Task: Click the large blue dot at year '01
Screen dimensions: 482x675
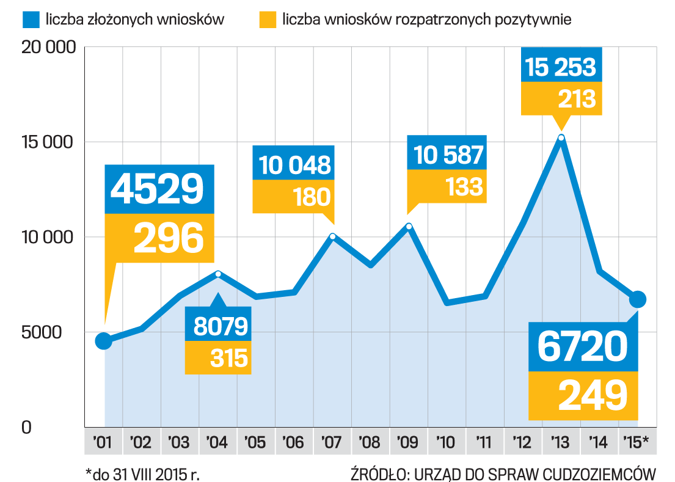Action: [x=104, y=341]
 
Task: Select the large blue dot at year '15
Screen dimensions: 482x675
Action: [x=638, y=299]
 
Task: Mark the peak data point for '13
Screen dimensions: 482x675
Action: [x=561, y=137]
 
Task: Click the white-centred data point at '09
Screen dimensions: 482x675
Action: [x=409, y=227]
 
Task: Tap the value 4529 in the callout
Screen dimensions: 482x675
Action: [x=157, y=189]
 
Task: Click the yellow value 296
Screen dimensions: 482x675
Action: [x=168, y=238]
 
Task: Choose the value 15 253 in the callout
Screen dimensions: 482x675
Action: [x=561, y=67]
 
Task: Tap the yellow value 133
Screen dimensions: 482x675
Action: [x=464, y=187]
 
